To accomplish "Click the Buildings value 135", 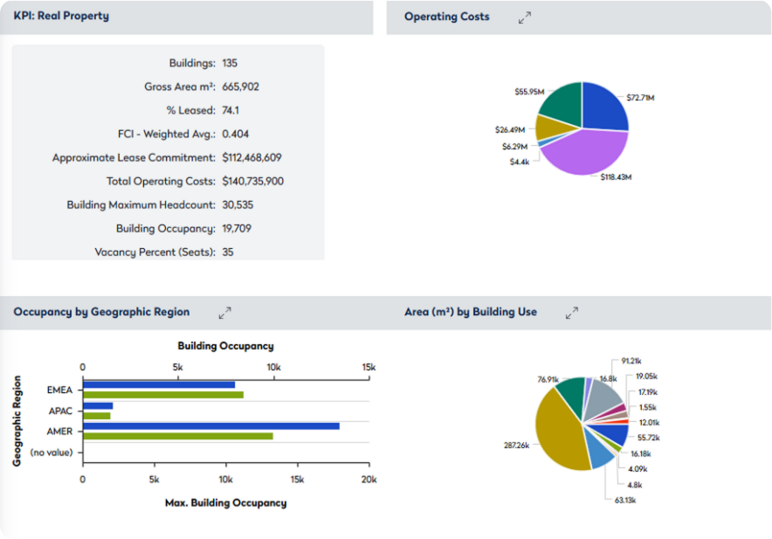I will coord(230,63).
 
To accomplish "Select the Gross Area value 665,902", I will coord(240,86).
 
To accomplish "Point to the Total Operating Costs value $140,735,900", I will coord(252,181).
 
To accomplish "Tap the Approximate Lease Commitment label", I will coord(134,157).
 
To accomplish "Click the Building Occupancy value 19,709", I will coord(238,228).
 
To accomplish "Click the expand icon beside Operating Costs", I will coord(524,17).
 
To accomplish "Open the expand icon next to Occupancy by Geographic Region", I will coord(224,312).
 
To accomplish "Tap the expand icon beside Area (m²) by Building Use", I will coord(572,312).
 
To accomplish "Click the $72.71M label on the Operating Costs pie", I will coord(640,97).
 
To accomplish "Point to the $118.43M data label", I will coord(616,176).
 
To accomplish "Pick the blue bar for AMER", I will coord(210,425).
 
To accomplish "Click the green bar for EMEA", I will coord(162,395).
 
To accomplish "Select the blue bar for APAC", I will coord(98,405).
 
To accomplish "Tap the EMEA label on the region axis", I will coord(60,390).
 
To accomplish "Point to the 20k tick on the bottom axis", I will coord(369,480).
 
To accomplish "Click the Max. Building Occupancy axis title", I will coord(225,502).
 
